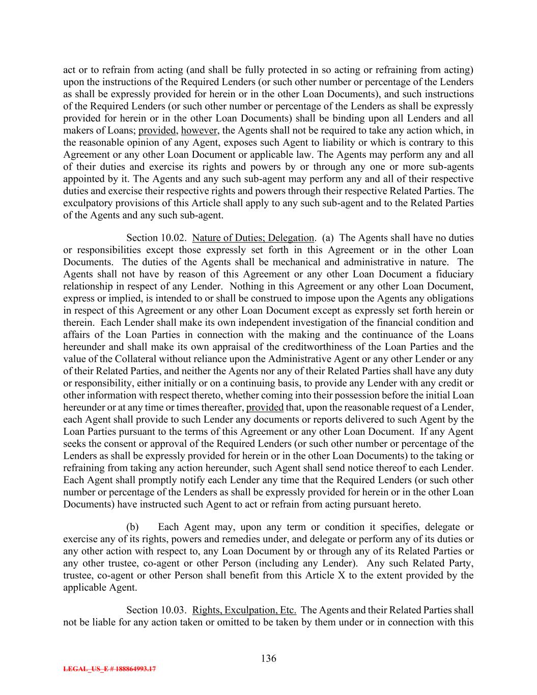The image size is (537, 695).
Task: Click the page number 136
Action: pos(268,659)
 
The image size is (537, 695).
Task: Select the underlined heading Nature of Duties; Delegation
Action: pos(253,238)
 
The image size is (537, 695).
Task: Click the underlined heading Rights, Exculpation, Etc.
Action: pos(244,610)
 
